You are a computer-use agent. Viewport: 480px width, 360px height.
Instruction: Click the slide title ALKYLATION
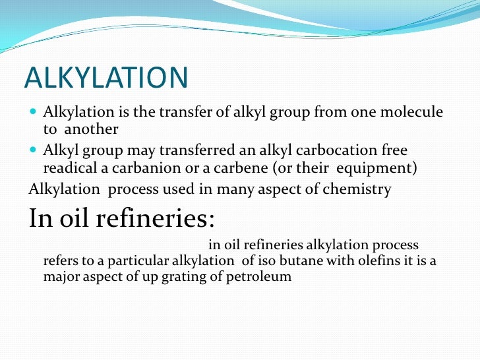click(105, 78)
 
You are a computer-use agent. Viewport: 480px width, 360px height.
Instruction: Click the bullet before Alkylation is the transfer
click(34, 113)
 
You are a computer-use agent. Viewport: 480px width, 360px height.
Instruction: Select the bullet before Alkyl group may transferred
click(34, 150)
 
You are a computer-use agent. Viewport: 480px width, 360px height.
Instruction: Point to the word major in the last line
click(60, 276)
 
